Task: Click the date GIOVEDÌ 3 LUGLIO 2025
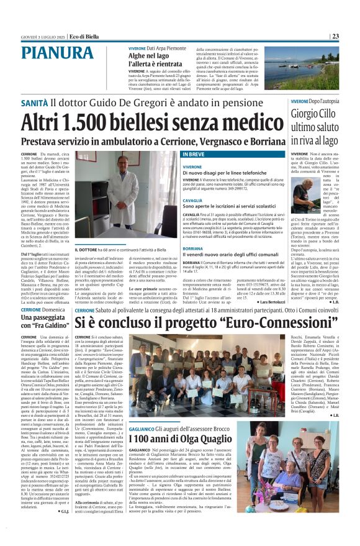click(x=42, y=37)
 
